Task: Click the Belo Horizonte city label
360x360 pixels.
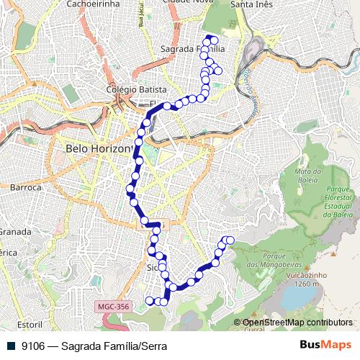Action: pos(99,148)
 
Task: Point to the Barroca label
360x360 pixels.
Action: pos(26,187)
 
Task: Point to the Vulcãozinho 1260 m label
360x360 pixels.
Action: pos(307,279)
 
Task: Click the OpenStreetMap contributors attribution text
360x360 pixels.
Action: pos(297,323)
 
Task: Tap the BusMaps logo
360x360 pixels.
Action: pos(325,346)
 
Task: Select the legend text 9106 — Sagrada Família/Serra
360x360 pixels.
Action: pos(94,346)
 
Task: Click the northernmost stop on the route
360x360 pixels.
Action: pos(210,38)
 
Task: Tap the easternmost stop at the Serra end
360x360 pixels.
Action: pos(230,240)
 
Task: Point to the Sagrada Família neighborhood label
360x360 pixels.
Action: pos(193,48)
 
